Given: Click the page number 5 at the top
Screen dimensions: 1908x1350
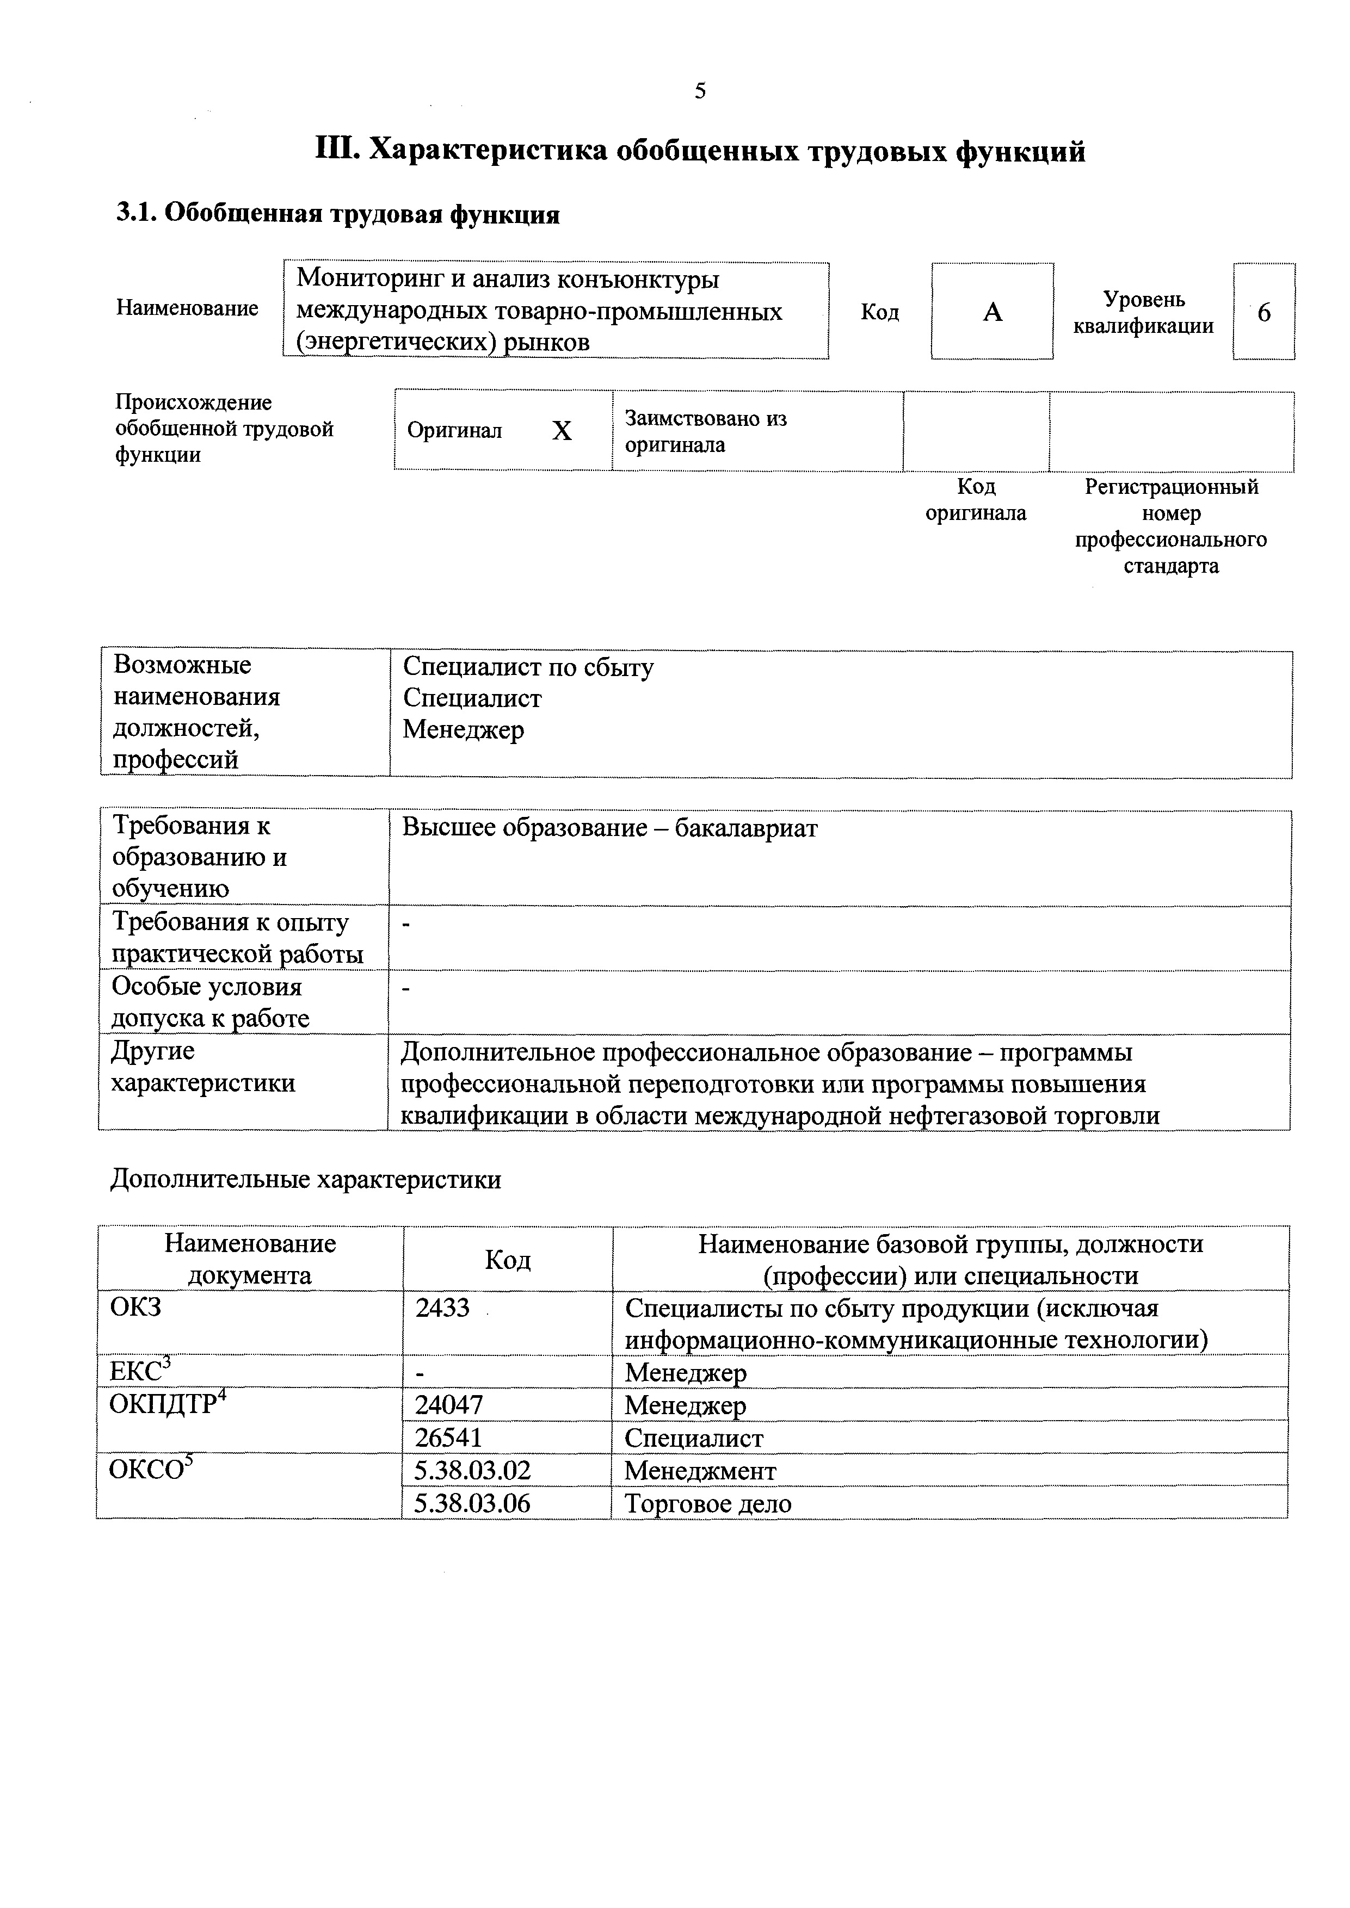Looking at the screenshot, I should pyautogui.click(x=700, y=91).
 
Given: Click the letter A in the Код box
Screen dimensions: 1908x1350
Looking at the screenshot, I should pyautogui.click(x=992, y=312).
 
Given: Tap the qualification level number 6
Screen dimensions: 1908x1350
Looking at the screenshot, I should pyautogui.click(x=1263, y=312).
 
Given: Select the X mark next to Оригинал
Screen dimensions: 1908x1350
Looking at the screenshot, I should pyautogui.click(x=562, y=430).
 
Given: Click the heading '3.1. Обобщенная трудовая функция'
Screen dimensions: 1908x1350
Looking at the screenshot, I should pyautogui.click(x=337, y=214).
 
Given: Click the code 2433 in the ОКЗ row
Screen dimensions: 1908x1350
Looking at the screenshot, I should pyautogui.click(x=442, y=1308).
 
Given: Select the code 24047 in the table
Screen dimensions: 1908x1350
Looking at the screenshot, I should pyautogui.click(x=449, y=1405).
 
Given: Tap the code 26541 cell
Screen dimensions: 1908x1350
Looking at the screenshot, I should pyautogui.click(x=449, y=1438).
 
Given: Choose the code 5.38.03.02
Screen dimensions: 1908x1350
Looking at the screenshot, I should pyautogui.click(x=472, y=1471).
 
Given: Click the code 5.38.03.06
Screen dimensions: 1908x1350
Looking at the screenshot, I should pyautogui.click(x=472, y=1503).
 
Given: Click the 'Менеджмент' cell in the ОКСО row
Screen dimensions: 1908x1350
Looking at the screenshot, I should pyautogui.click(x=700, y=1471).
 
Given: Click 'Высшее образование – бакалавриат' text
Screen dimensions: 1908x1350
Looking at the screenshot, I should pyautogui.click(x=610, y=828).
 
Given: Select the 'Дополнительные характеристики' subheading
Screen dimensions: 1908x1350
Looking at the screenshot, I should pyautogui.click(x=305, y=1179).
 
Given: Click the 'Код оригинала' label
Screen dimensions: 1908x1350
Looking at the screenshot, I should pyautogui.click(x=976, y=499).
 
